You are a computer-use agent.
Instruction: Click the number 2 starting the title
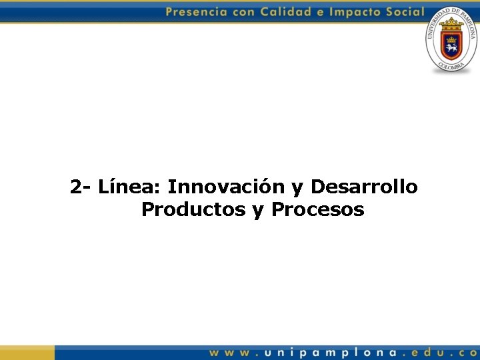[76, 187]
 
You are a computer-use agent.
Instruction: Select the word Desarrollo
[364, 187]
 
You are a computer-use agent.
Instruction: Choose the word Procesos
[317, 210]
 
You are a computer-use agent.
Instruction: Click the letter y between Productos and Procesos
[258, 211]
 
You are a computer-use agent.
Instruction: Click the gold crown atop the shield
[451, 23]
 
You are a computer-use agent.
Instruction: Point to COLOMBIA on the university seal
[451, 67]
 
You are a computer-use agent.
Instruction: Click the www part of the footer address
[231, 353]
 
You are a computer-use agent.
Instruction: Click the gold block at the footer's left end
[27, 353]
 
